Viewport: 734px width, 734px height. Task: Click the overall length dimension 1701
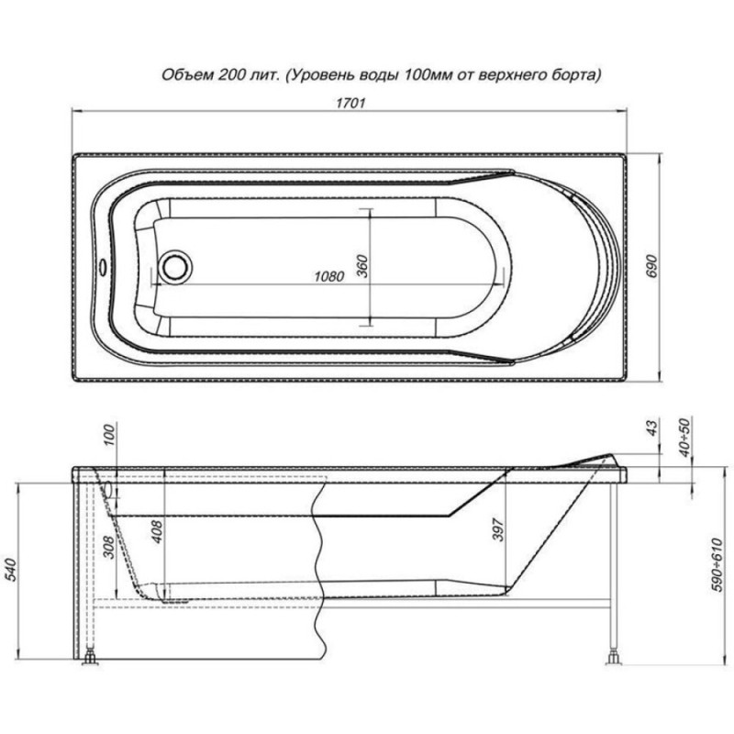click(x=350, y=103)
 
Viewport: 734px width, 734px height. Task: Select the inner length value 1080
click(x=329, y=277)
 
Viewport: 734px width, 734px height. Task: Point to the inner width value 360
click(x=362, y=265)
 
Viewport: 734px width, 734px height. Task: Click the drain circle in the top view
click(x=175, y=267)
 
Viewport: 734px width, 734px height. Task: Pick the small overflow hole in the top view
click(x=102, y=268)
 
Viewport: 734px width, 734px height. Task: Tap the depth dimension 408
click(x=157, y=531)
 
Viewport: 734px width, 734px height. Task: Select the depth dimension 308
click(x=108, y=547)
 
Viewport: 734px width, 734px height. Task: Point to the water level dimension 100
click(x=108, y=435)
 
